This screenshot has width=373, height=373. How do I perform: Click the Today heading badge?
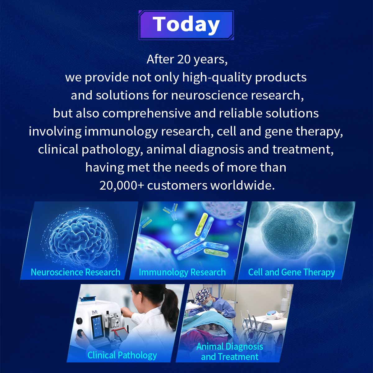point(186,25)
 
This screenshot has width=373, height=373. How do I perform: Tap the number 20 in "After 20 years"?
point(184,59)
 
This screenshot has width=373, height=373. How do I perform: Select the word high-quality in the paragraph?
point(217,78)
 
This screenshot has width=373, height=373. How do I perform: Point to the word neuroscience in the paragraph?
point(209,95)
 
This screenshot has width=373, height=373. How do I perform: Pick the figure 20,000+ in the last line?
point(122,186)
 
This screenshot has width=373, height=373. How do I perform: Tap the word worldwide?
point(242,185)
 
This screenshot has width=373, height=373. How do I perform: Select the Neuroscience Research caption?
point(76,272)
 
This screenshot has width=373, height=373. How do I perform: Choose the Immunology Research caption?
point(182,272)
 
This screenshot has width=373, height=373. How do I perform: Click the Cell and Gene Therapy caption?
point(292,272)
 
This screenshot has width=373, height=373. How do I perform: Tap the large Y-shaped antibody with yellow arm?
point(201,240)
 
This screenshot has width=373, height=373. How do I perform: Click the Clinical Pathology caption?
point(122,355)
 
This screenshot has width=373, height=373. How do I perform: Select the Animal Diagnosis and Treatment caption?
point(230,352)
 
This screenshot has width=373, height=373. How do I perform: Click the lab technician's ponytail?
point(170,306)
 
